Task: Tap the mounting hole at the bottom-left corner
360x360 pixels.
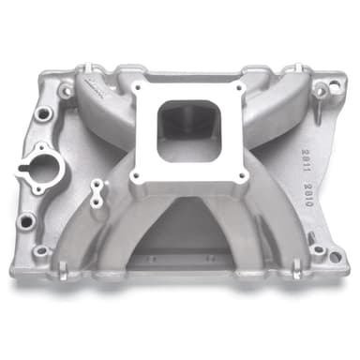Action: coord(41,252)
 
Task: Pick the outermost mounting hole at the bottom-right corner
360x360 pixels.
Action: coord(320,251)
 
